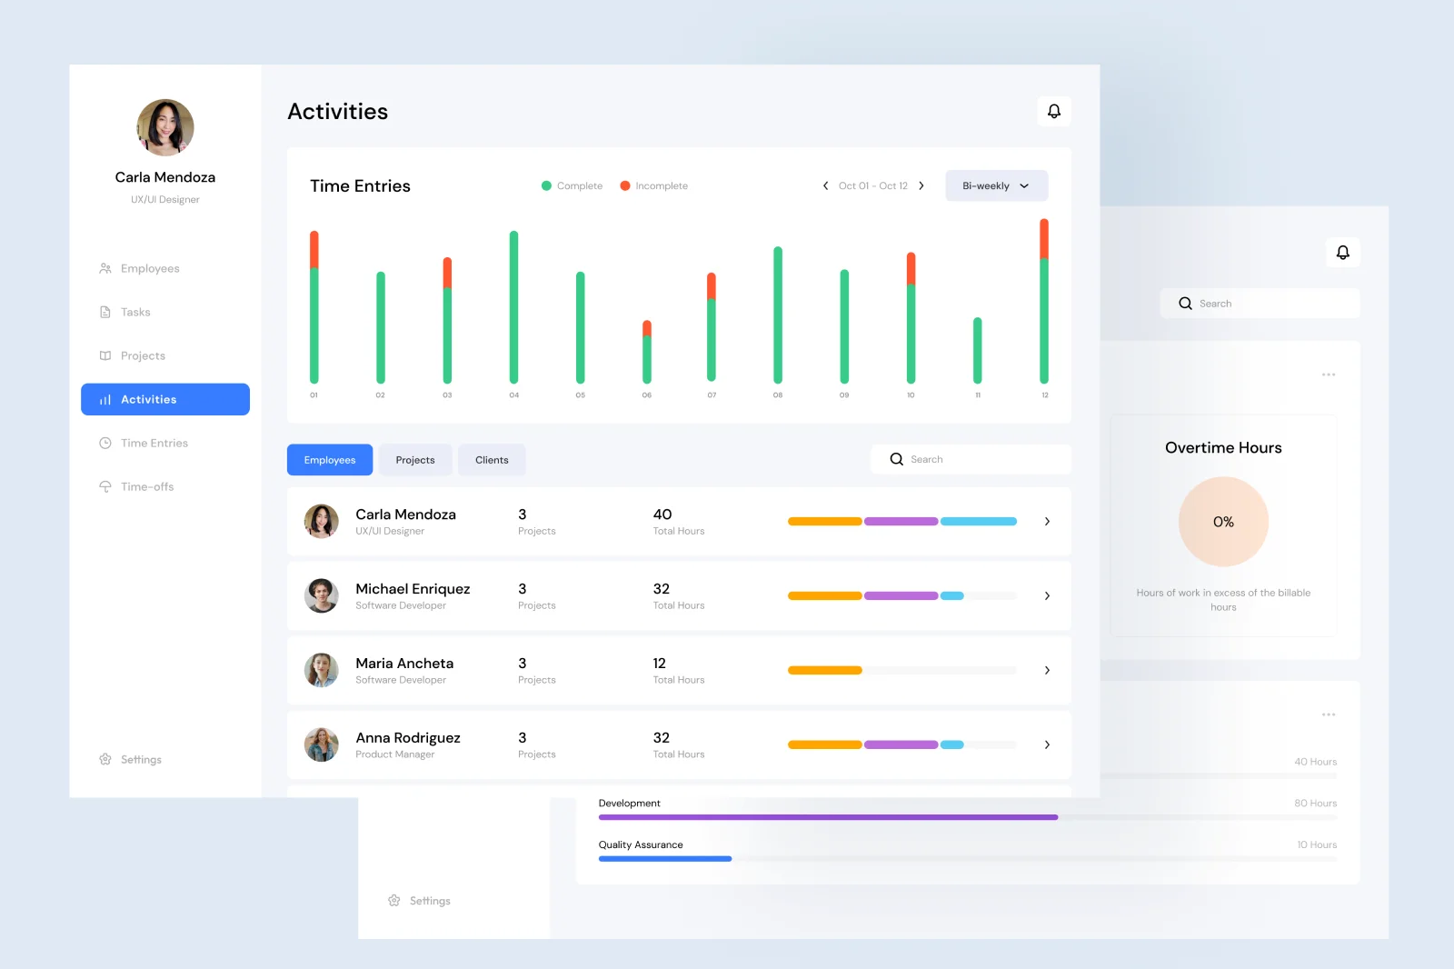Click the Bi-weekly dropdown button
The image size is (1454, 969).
pos(996,185)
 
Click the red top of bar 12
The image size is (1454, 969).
pos(1044,238)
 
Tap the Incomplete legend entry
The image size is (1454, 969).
pos(653,185)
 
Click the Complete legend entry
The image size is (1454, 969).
pos(572,185)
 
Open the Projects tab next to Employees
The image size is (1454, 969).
pos(415,460)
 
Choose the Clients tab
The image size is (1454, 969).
pos(492,460)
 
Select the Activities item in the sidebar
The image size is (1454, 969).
pos(165,399)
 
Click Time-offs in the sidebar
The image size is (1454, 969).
pos(146,486)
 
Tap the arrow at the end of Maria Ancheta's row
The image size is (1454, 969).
pos(1047,670)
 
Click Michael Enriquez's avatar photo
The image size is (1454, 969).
pos(321,595)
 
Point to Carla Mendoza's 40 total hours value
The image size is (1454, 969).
pos(662,514)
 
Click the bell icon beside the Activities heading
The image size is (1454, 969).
pos(1054,111)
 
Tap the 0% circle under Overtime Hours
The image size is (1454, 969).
pos(1223,522)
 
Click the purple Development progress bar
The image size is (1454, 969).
pos(828,817)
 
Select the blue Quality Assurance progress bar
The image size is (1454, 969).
pos(665,859)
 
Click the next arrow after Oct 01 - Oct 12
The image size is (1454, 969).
pos(921,185)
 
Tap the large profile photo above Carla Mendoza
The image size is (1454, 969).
pos(165,127)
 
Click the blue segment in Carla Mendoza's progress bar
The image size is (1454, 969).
pos(978,522)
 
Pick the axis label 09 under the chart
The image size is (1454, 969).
pos(844,395)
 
